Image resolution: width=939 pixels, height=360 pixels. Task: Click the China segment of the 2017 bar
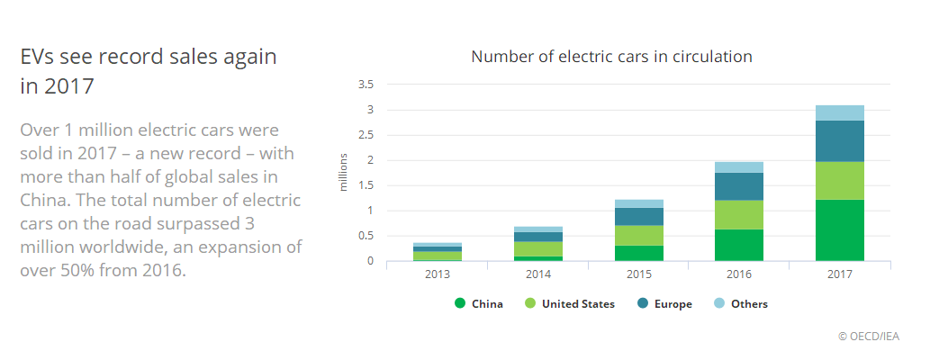pyautogui.click(x=839, y=230)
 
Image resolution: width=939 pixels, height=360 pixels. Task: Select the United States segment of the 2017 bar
pyautogui.click(x=839, y=181)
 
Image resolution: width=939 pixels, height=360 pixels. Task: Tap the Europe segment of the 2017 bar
pyautogui.click(x=839, y=141)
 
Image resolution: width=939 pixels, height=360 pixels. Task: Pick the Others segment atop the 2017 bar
pyautogui.click(x=839, y=112)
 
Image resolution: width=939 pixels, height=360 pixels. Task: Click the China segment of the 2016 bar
pyautogui.click(x=738, y=245)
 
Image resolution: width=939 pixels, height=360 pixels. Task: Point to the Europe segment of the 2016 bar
pyautogui.click(x=738, y=186)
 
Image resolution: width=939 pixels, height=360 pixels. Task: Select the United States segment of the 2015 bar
pyautogui.click(x=638, y=236)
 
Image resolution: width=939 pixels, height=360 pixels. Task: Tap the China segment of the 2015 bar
pyautogui.click(x=638, y=253)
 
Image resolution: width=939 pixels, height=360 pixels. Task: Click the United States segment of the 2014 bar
pyautogui.click(x=537, y=249)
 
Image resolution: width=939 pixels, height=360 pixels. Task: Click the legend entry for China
pyautogui.click(x=480, y=304)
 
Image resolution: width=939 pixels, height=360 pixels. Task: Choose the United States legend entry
pyautogui.click(x=570, y=304)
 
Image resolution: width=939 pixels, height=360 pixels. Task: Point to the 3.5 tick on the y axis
pyautogui.click(x=366, y=85)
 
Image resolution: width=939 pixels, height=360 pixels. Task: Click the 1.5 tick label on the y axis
pyautogui.click(x=366, y=185)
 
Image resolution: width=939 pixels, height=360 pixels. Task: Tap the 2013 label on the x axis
pyautogui.click(x=437, y=274)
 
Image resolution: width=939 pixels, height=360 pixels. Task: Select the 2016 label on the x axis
pyautogui.click(x=738, y=274)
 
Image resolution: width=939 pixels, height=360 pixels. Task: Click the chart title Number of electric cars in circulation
pyautogui.click(x=611, y=57)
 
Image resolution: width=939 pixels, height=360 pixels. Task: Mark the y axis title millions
pyautogui.click(x=343, y=173)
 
